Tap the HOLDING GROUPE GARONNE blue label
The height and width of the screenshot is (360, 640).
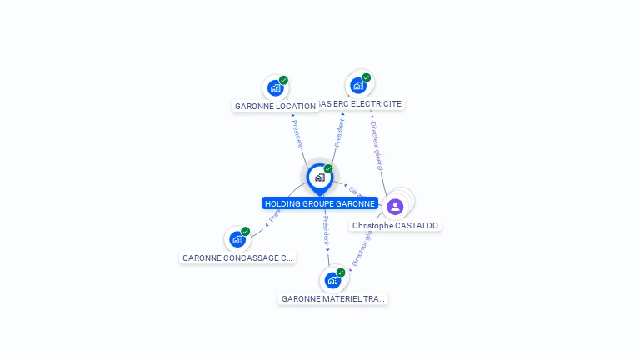(320, 203)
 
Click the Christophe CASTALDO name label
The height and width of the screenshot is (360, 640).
(395, 226)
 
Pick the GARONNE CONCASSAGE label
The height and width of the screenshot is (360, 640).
(237, 258)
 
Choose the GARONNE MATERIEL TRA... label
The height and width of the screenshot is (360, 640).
(333, 298)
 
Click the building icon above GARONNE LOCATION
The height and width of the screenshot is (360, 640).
(275, 87)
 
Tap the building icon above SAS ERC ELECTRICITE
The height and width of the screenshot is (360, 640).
(357, 85)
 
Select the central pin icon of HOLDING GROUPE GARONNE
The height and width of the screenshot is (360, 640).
(319, 177)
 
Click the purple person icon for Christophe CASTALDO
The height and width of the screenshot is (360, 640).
(395, 206)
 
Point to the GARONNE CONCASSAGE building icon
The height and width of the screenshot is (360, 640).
(237, 239)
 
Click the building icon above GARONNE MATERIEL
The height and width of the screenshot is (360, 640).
(332, 280)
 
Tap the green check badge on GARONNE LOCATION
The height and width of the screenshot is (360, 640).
(284, 80)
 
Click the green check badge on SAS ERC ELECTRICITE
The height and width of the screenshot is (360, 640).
(367, 77)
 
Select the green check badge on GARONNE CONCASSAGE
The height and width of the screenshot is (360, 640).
(246, 232)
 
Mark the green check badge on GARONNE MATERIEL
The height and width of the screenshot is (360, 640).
(341, 272)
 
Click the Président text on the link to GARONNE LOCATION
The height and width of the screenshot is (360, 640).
(297, 133)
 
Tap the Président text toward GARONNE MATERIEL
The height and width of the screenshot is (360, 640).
(326, 228)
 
